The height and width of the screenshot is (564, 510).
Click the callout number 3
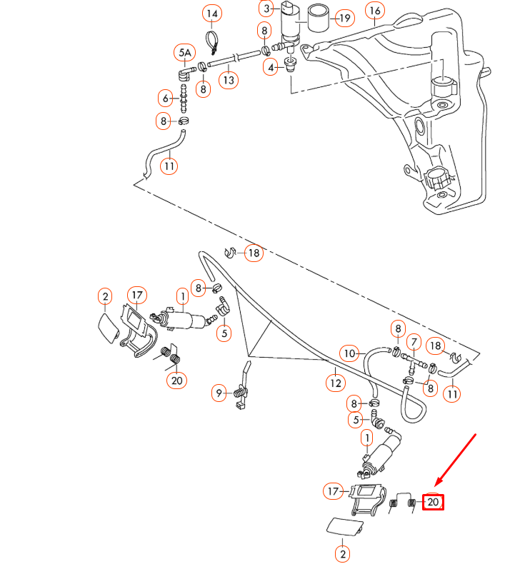266,9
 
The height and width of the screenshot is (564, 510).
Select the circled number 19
344,18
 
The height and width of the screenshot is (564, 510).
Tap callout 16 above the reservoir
375,10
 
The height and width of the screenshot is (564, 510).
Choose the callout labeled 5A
184,52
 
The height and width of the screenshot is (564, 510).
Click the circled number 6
166,98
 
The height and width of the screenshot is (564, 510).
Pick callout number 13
228,80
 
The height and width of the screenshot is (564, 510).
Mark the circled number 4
271,67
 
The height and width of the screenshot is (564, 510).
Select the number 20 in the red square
433,502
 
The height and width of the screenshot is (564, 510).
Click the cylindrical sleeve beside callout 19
317,19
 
